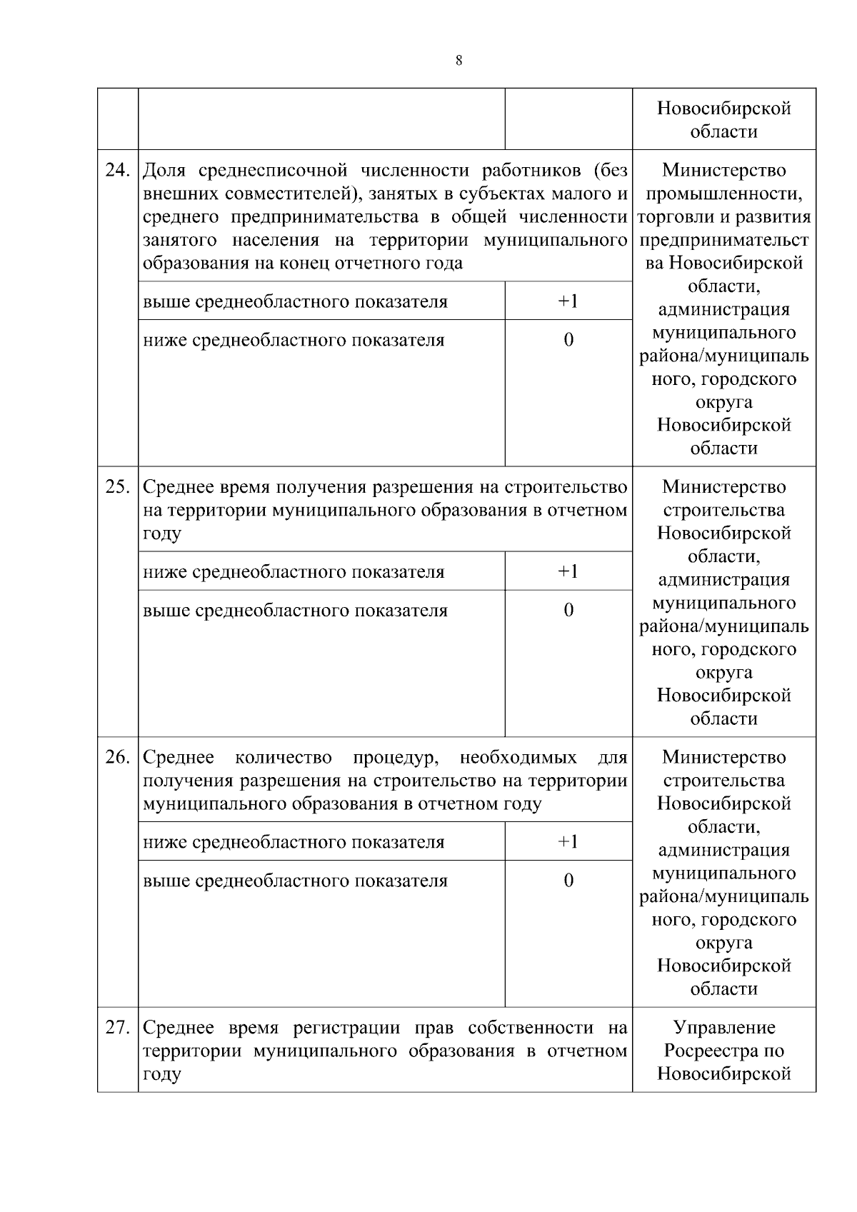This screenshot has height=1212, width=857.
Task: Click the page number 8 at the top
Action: [x=458, y=61]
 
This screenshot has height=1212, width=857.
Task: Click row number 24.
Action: [x=117, y=171]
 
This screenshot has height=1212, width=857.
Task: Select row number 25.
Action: [x=117, y=487]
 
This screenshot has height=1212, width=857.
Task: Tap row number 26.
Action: [x=117, y=757]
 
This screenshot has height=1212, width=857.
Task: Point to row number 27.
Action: [x=117, y=1028]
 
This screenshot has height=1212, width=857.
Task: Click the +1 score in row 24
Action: [x=568, y=301]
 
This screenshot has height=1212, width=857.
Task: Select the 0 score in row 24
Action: [x=568, y=340]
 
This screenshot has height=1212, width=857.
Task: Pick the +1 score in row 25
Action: [x=568, y=571]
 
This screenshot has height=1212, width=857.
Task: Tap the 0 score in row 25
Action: [x=568, y=610]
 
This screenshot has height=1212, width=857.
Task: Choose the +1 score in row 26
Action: [x=568, y=841]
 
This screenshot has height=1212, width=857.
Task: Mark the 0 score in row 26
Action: [x=568, y=881]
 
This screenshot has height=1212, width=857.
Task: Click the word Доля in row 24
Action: [x=164, y=171]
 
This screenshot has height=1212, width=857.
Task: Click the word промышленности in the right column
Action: [x=723, y=194]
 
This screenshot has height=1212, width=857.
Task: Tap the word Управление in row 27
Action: [x=723, y=1028]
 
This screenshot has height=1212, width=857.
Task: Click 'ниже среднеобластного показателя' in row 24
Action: [x=294, y=340]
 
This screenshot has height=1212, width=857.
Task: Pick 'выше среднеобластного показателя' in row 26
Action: [x=295, y=881]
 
